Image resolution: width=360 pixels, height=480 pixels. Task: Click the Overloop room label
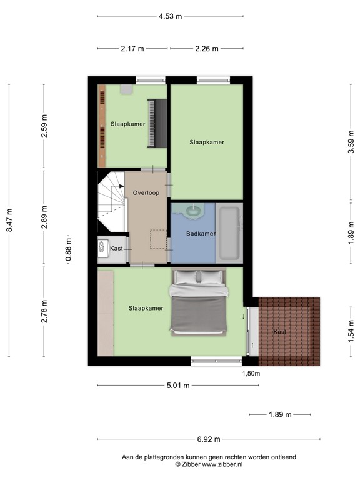(146, 193)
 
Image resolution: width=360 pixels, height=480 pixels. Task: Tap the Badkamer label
(201, 234)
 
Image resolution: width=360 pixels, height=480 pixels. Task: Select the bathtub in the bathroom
(229, 234)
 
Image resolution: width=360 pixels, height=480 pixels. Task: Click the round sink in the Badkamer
(194, 211)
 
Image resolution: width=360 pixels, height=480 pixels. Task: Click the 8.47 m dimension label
(9, 221)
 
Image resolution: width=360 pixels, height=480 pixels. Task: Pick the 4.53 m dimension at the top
(170, 16)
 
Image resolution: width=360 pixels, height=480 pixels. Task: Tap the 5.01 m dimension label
(177, 386)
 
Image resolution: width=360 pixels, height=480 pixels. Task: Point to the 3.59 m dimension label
(351, 142)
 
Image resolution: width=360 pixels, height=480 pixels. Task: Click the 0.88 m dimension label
(69, 249)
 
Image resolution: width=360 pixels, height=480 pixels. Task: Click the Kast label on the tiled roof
(279, 332)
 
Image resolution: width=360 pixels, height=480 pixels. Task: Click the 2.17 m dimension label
(132, 48)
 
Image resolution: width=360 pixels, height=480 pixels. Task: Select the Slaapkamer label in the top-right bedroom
(207, 142)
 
